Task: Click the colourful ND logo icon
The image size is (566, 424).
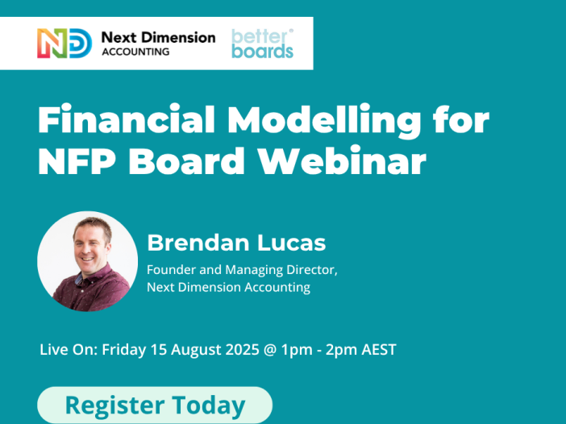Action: (x=65, y=44)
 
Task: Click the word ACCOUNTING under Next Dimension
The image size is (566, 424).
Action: (x=135, y=52)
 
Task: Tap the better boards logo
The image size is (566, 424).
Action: (x=262, y=44)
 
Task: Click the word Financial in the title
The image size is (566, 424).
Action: (x=127, y=118)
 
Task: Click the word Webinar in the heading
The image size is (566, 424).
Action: (x=343, y=160)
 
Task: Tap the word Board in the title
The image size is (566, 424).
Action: (x=187, y=160)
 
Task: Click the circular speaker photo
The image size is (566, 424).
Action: (x=87, y=261)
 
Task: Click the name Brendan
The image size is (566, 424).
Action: (x=196, y=243)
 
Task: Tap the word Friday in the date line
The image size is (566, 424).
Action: (x=124, y=350)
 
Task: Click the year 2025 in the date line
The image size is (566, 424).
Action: (x=242, y=350)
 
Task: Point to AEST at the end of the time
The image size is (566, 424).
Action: (x=379, y=350)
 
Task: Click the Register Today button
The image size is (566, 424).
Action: (x=155, y=405)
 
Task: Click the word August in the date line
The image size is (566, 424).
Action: (x=196, y=350)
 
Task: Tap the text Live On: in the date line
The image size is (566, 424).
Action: (x=69, y=350)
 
